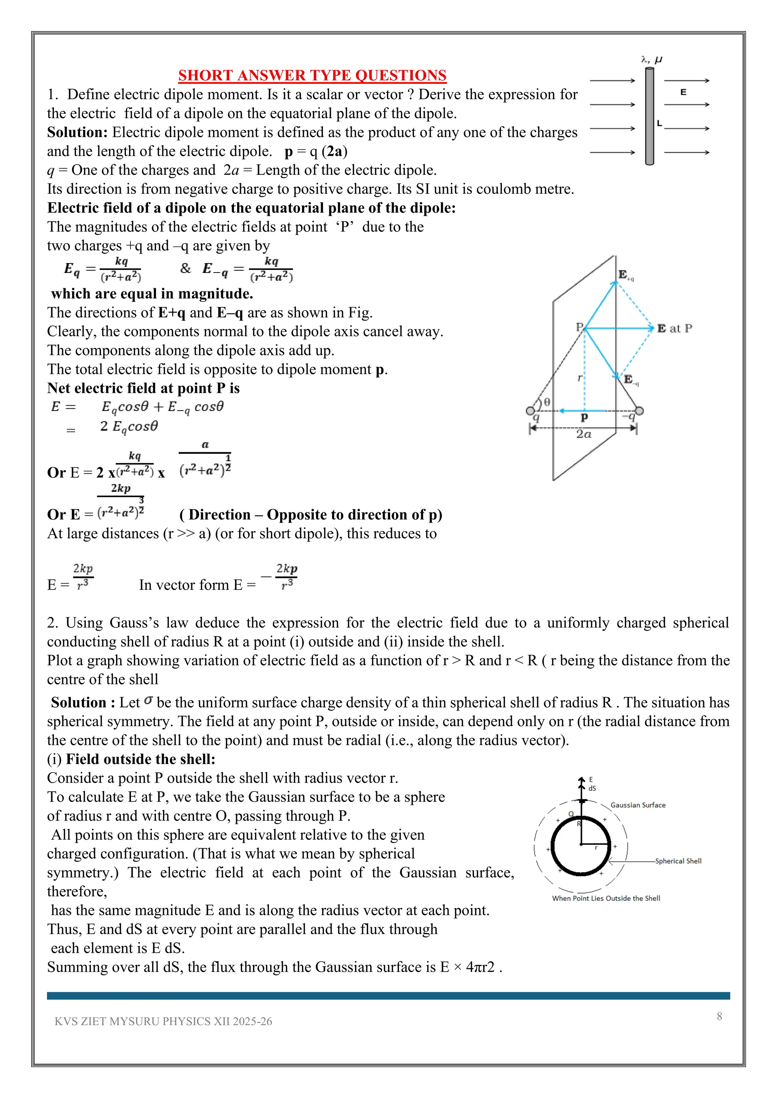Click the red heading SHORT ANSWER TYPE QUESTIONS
tap(312, 75)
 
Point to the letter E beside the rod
tap(683, 92)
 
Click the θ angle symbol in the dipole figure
tap(547, 402)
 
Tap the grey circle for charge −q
tap(639, 411)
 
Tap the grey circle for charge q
tap(530, 411)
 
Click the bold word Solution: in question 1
tap(77, 132)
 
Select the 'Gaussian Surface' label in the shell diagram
tap(638, 805)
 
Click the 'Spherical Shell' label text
tap(678, 861)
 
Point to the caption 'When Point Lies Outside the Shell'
tap(606, 898)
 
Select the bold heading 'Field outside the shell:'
tap(141, 759)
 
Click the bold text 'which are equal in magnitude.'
tap(152, 293)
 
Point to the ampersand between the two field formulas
tap(185, 268)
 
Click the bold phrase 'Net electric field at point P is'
tap(143, 388)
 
